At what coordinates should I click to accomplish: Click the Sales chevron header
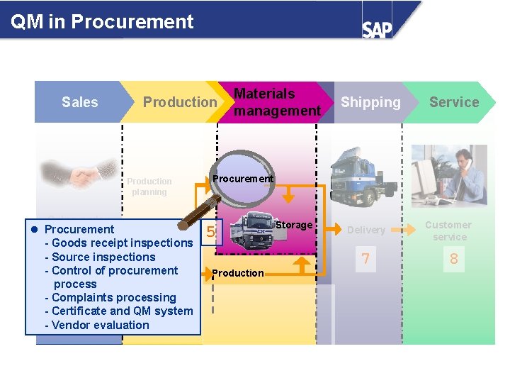[79, 102]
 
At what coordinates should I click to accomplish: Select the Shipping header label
[370, 102]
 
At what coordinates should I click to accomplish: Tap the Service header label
[454, 102]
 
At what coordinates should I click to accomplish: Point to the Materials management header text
[277, 102]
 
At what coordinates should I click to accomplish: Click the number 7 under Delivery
[365, 259]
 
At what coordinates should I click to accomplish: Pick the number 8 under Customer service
[454, 259]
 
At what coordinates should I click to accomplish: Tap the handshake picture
[69, 174]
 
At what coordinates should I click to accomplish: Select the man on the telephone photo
[449, 174]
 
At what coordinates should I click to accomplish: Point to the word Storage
[294, 225]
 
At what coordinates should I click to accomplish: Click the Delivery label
[366, 230]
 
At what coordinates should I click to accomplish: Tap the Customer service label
[448, 231]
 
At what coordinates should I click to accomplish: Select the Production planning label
[149, 187]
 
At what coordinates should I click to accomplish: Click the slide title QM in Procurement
[102, 21]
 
